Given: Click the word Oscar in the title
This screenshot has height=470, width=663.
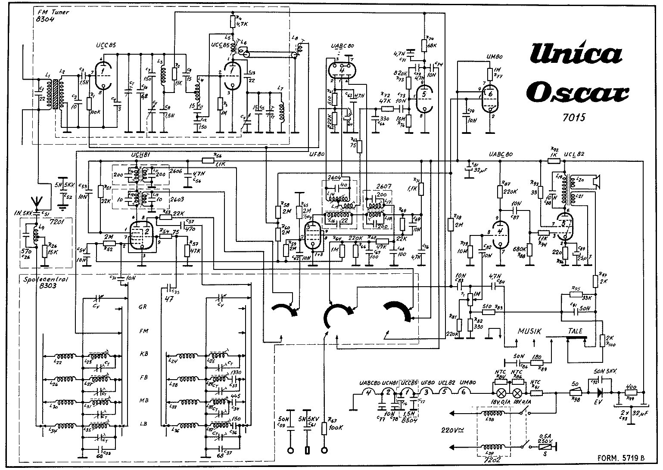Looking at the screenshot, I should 578,91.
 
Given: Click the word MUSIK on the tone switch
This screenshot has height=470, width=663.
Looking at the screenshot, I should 529,331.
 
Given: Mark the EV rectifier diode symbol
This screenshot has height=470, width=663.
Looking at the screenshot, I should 599,393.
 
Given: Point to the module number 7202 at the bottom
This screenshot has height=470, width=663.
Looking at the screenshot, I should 493,460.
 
